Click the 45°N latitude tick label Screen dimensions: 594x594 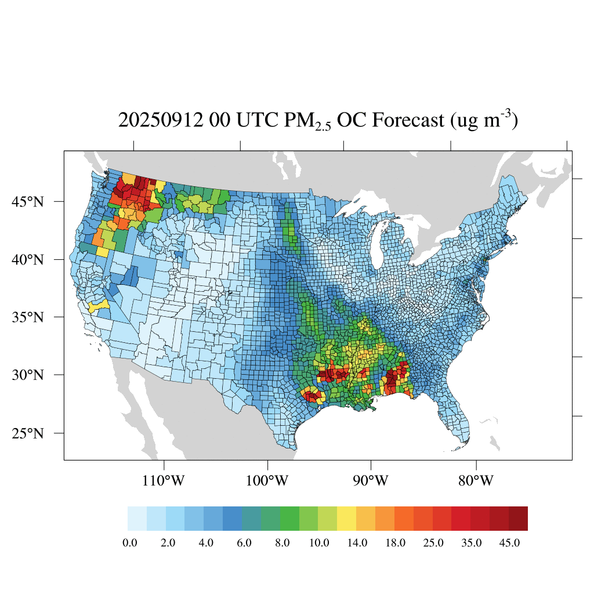(27, 202)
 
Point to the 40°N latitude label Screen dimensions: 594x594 (27, 259)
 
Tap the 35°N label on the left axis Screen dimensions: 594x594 (27, 317)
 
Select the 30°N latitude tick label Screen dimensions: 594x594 (27, 375)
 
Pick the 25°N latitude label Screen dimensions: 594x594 (27, 433)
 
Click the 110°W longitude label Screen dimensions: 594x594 (164, 481)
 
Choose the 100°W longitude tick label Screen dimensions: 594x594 (267, 481)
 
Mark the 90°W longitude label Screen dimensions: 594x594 (371, 481)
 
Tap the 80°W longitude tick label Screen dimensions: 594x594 (476, 481)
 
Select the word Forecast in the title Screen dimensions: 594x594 (408, 121)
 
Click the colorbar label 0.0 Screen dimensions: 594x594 (130, 543)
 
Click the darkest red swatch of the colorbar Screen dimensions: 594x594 (518, 518)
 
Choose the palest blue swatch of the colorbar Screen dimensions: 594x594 (137, 518)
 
